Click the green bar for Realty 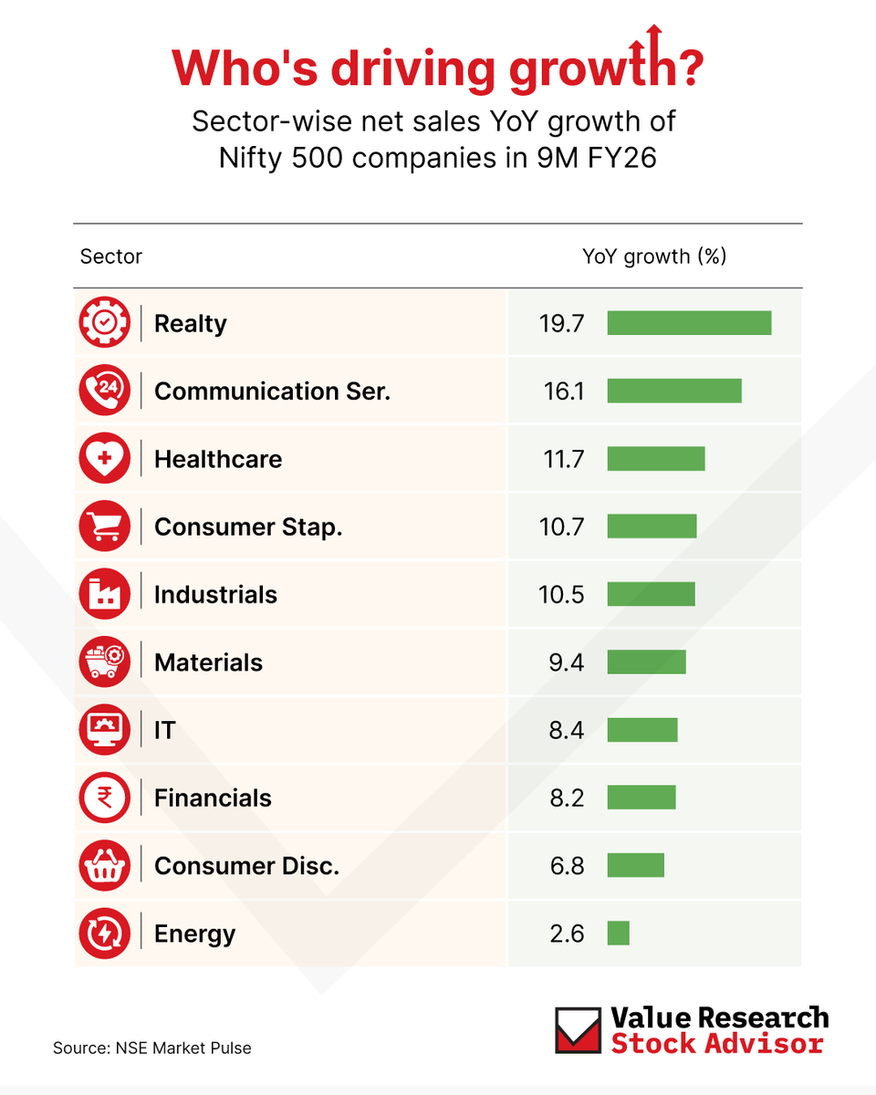point(689,323)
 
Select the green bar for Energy point(618,933)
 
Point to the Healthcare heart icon point(104,459)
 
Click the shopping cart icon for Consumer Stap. point(104,527)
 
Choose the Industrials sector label point(215,595)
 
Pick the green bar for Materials point(646,662)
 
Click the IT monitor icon point(104,730)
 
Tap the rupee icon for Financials point(104,798)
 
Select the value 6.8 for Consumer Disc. point(567,866)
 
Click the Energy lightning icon point(104,933)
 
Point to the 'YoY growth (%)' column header point(654,256)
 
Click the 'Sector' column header point(111,256)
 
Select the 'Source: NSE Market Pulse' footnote point(151,1048)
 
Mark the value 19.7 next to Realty point(561,324)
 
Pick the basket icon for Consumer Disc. point(104,866)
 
